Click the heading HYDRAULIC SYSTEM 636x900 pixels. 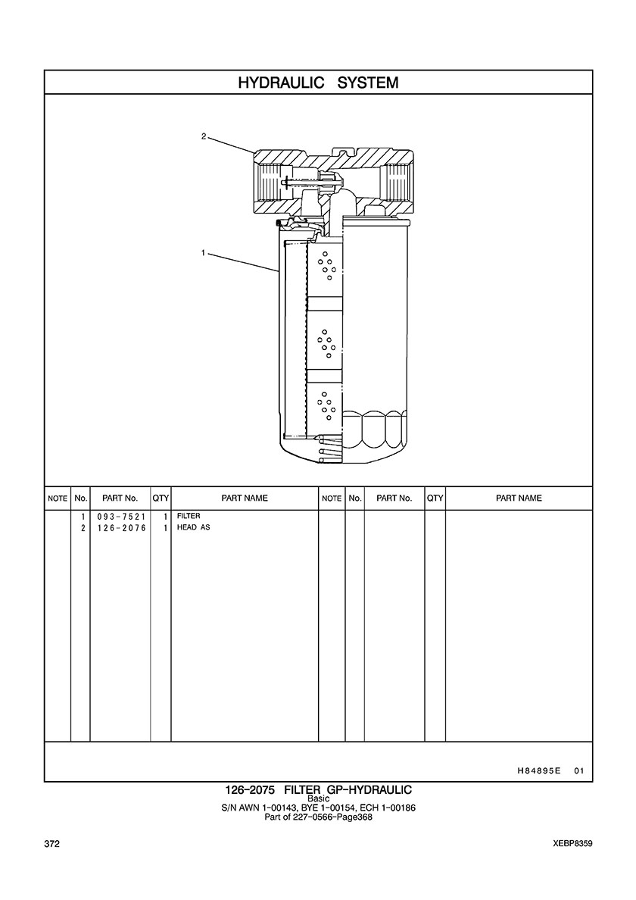pyautogui.click(x=318, y=83)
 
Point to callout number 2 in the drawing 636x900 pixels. pyautogui.click(x=204, y=137)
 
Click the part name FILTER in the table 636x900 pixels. pyautogui.click(x=189, y=517)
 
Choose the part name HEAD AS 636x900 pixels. pyautogui.click(x=193, y=528)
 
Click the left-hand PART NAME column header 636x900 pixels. pyautogui.click(x=244, y=498)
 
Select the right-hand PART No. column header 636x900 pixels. pyautogui.click(x=394, y=498)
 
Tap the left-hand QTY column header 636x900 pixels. pyautogui.click(x=160, y=498)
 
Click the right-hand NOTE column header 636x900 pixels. pyautogui.click(x=332, y=498)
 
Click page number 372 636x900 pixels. pyautogui.click(x=52, y=844)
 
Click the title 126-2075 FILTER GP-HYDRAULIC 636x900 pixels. pyautogui.click(x=318, y=790)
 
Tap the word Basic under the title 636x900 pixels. pyautogui.click(x=318, y=799)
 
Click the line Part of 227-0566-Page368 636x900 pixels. pyautogui.click(x=318, y=817)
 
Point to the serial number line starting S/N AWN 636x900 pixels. pyautogui.click(x=318, y=808)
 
